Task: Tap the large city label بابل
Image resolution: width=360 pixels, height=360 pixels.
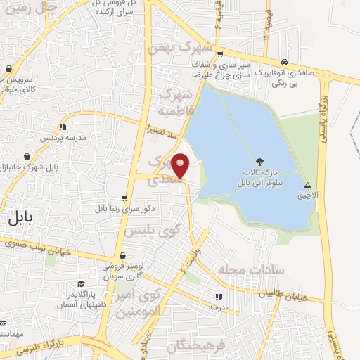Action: pos(21,217)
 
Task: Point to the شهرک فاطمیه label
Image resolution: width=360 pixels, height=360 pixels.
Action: pos(174,103)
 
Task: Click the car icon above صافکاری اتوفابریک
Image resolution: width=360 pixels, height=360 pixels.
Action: pos(284,61)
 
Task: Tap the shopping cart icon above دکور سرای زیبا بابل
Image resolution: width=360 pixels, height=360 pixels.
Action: pos(124,199)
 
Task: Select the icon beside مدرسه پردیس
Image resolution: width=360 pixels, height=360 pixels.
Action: pos(63,127)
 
